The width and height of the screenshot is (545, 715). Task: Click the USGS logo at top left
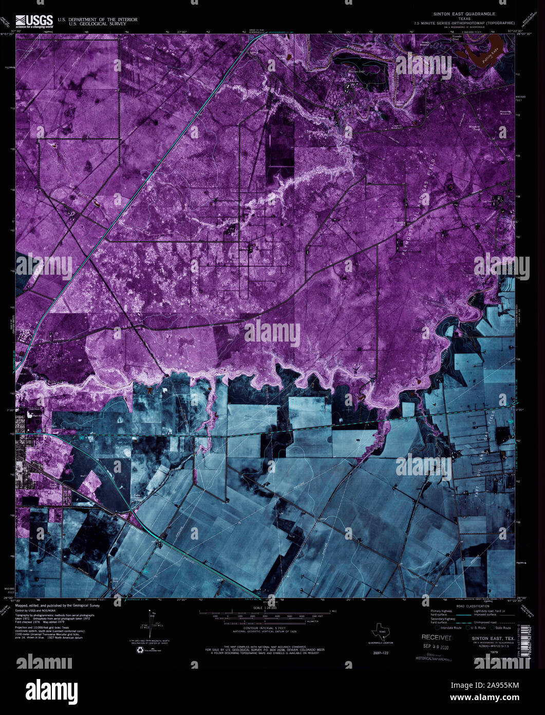click(34, 21)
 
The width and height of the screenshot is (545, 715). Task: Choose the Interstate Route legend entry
click(447, 628)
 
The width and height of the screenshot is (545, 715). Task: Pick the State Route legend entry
click(501, 628)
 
